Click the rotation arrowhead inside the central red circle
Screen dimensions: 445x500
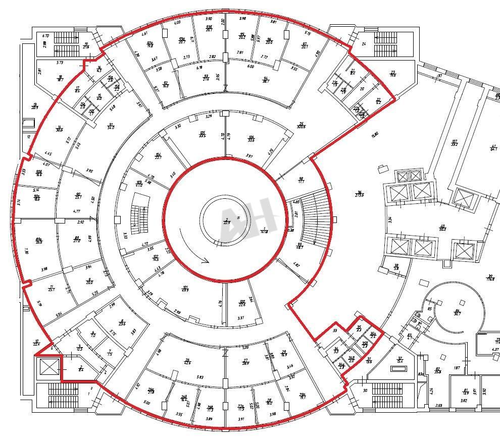(x=205, y=260)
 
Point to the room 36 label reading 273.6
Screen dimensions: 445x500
(x=360, y=193)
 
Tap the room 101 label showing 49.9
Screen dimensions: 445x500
(x=185, y=289)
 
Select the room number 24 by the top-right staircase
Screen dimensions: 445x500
(x=364, y=43)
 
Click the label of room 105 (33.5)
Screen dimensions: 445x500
(x=203, y=134)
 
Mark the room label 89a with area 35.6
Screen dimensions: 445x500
(x=38, y=241)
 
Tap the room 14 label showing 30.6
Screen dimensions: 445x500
(x=59, y=129)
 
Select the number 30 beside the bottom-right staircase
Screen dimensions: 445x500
(x=365, y=390)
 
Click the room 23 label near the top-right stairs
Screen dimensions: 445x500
(x=393, y=73)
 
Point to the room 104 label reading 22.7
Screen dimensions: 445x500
(x=158, y=156)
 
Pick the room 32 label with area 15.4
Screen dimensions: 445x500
(x=399, y=359)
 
